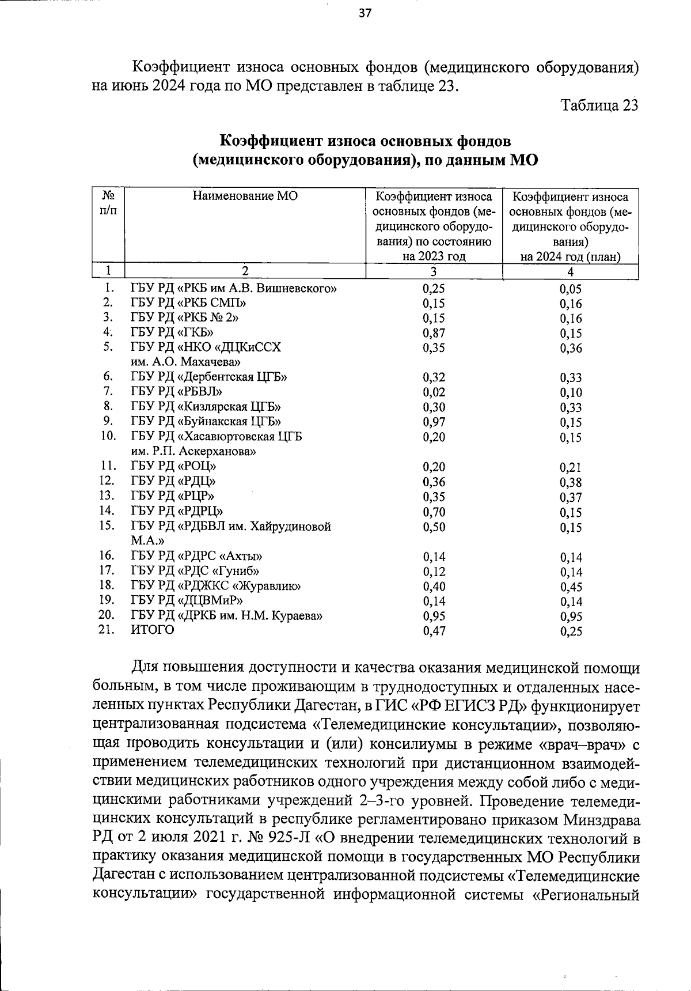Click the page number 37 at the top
pyautogui.click(x=365, y=14)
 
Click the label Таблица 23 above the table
pyautogui.click(x=599, y=105)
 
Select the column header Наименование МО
pyautogui.click(x=245, y=196)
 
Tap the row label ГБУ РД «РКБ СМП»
pyautogui.click(x=189, y=303)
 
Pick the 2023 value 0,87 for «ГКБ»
pyautogui.click(x=434, y=333)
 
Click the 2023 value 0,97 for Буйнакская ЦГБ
pyautogui.click(x=434, y=422)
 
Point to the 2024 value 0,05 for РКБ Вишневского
pyautogui.click(x=571, y=289)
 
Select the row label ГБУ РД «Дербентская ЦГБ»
pyautogui.click(x=209, y=377)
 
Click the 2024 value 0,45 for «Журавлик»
pyautogui.click(x=571, y=587)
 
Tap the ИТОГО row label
pyautogui.click(x=153, y=630)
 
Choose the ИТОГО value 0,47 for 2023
pyautogui.click(x=434, y=631)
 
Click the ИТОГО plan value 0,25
pyautogui.click(x=571, y=631)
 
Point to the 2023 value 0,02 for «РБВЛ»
pyautogui.click(x=434, y=392)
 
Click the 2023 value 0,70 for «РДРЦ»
pyautogui.click(x=434, y=512)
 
